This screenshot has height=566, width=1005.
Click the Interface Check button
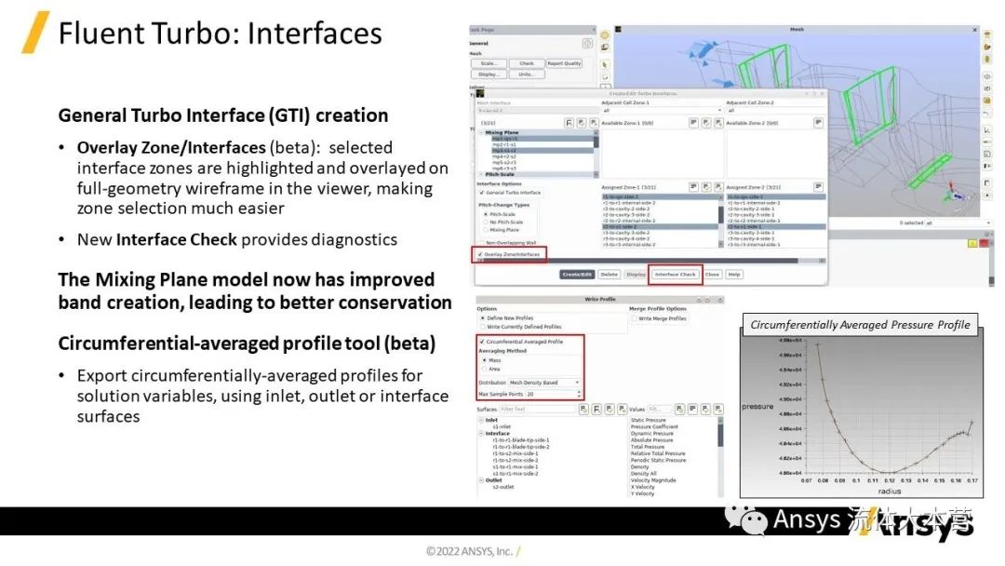[676, 275]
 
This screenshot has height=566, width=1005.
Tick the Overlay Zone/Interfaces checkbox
[480, 253]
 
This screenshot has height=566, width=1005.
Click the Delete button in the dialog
[609, 275]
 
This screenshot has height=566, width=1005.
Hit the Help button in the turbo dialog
[734, 275]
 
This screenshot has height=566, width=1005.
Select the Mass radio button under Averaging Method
[485, 359]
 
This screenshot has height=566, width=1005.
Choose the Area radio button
[485, 369]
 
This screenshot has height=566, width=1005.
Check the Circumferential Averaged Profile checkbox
[481, 342]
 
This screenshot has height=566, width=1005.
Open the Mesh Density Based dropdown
[544, 383]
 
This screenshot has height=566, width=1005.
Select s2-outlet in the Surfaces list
[503, 486]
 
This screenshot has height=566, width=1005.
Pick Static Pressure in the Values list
[649, 421]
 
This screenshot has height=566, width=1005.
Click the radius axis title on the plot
[889, 491]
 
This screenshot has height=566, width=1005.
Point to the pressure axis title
[757, 407]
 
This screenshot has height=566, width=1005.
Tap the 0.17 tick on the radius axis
[971, 481]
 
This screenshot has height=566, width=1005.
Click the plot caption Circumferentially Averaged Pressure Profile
[860, 325]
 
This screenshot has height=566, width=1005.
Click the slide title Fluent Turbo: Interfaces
[220, 34]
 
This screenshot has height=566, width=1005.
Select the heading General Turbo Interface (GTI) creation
[222, 115]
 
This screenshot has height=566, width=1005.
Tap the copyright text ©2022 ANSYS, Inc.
[469, 551]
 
